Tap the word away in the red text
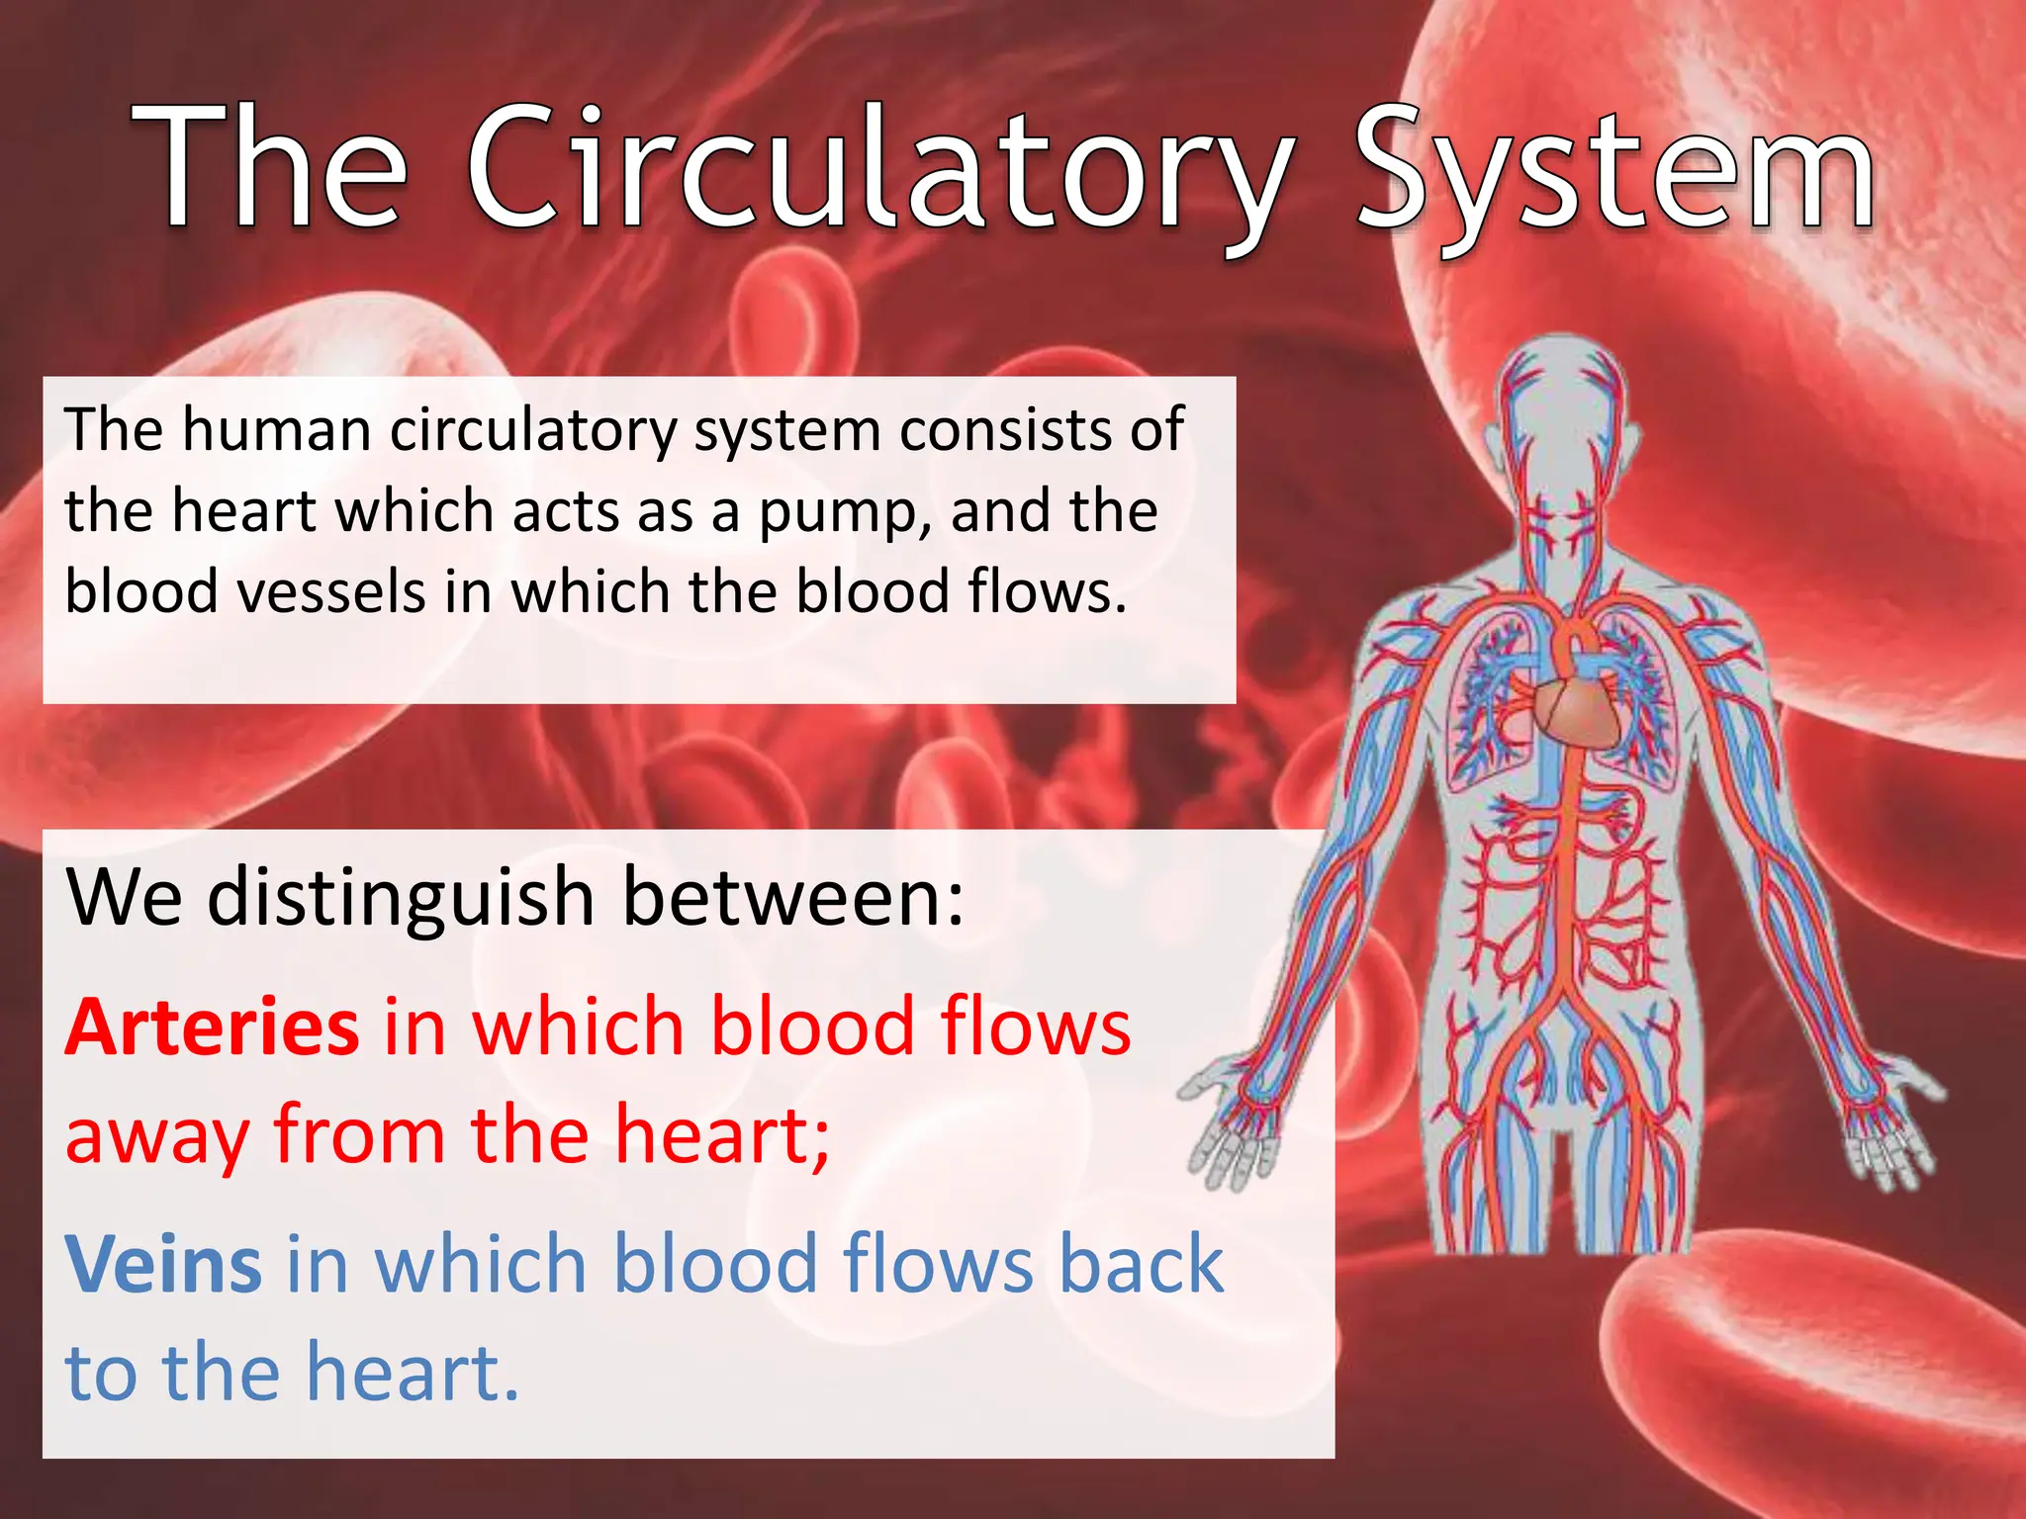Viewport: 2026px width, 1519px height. click(156, 1137)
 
